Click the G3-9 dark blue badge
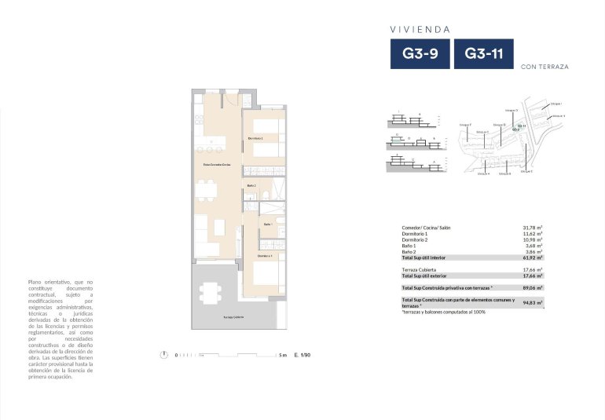[420, 54]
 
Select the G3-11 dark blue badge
[483, 54]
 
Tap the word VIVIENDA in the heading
[420, 29]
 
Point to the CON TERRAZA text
[544, 67]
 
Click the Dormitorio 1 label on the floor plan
[256, 138]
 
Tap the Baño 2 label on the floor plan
[251, 185]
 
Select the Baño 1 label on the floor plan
[267, 224]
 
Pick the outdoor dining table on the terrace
[210, 289]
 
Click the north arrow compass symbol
[163, 355]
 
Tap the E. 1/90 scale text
[302, 355]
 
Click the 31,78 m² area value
[533, 228]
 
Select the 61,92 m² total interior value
[533, 257]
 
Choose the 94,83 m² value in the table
[533, 302]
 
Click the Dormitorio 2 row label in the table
[415, 239]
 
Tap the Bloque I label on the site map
[555, 103]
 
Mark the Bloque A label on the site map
[483, 173]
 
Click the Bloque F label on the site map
[464, 124]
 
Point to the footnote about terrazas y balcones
[443, 312]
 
